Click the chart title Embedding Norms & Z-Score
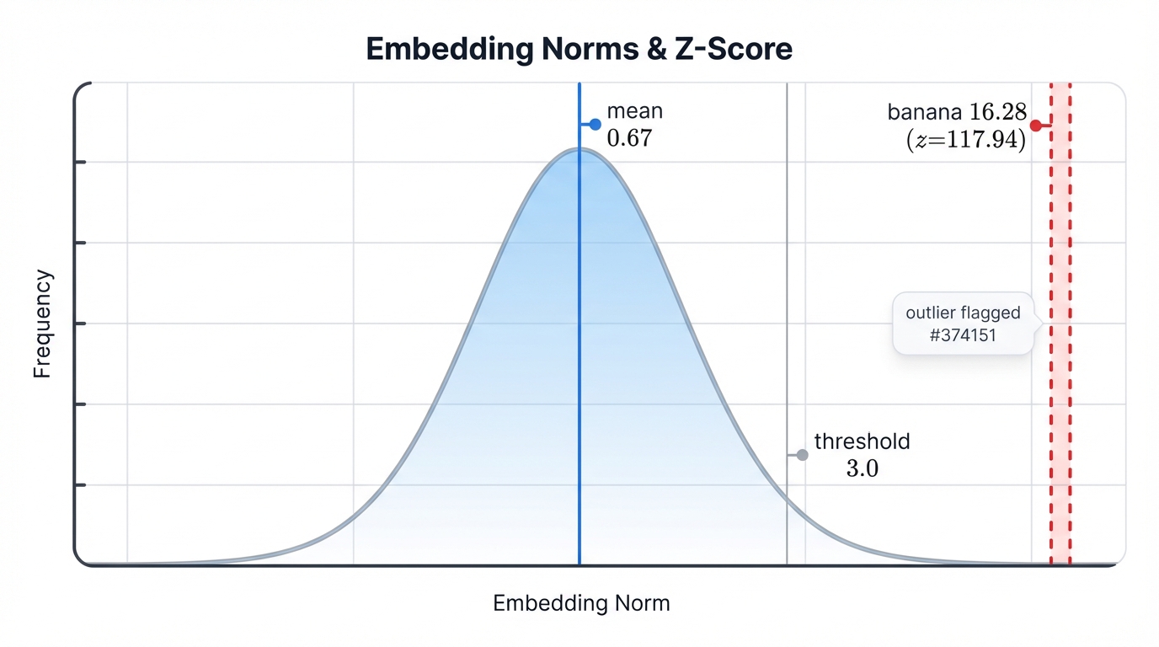click(x=579, y=49)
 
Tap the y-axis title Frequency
click(x=43, y=324)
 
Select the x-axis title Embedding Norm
click(x=581, y=603)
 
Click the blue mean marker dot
click(x=595, y=124)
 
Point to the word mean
click(x=634, y=111)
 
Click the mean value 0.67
click(x=629, y=138)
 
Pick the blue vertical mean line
click(x=579, y=354)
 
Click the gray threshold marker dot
click(x=802, y=455)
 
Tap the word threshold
click(x=862, y=441)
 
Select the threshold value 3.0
click(x=862, y=468)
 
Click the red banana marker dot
click(x=1035, y=126)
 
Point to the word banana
click(x=924, y=112)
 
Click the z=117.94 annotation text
click(x=965, y=140)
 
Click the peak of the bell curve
click(x=579, y=149)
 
